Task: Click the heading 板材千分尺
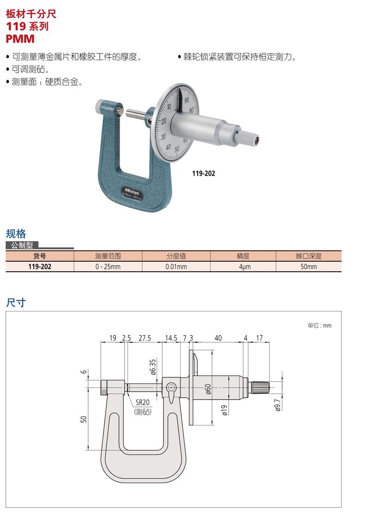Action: pyautogui.click(x=31, y=14)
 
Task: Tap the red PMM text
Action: pyautogui.click(x=20, y=39)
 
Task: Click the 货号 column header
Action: pyautogui.click(x=40, y=256)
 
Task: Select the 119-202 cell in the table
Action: pyautogui.click(x=40, y=267)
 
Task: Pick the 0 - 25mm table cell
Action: pyautogui.click(x=108, y=267)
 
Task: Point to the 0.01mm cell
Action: pyautogui.click(x=176, y=267)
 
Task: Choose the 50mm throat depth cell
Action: pyautogui.click(x=309, y=267)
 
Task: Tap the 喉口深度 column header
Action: pyautogui.click(x=309, y=256)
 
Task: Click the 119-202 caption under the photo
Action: pyautogui.click(x=204, y=173)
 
